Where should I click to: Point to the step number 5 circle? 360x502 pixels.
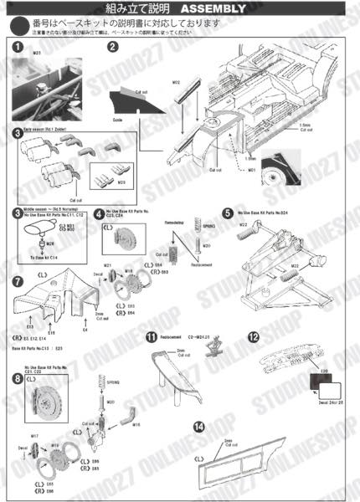click(x=228, y=213)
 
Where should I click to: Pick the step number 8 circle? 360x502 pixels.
click(x=18, y=378)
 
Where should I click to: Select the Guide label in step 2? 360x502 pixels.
click(x=118, y=120)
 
